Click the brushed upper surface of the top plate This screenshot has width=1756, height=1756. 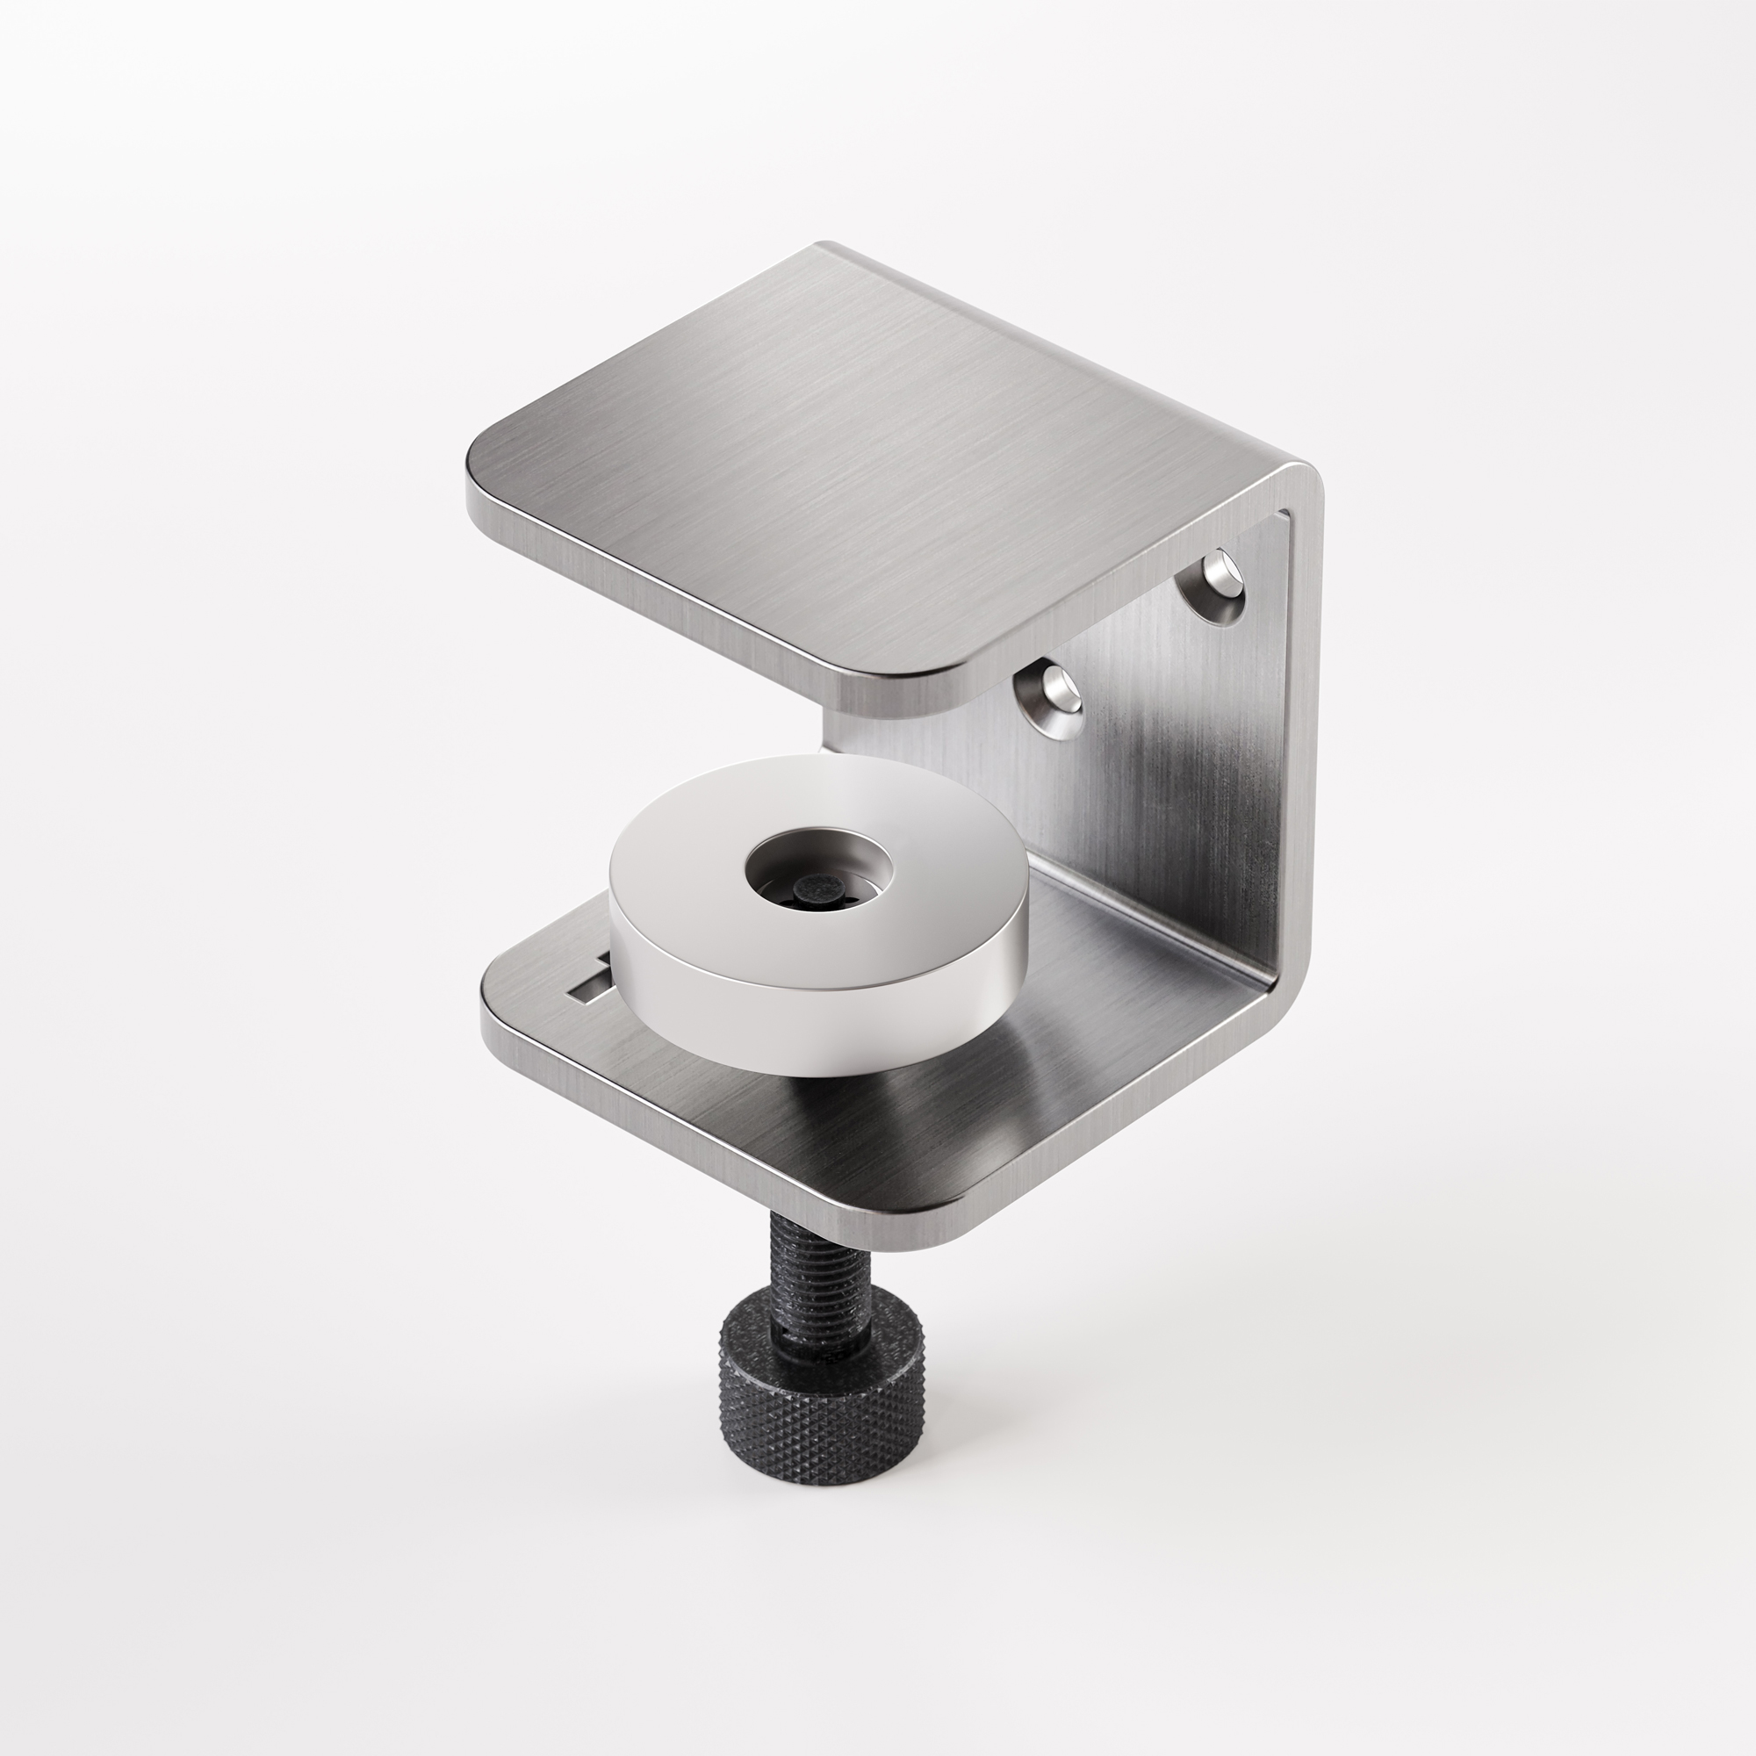pyautogui.click(x=863, y=455)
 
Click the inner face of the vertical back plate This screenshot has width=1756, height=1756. pyautogui.click(x=1172, y=773)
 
